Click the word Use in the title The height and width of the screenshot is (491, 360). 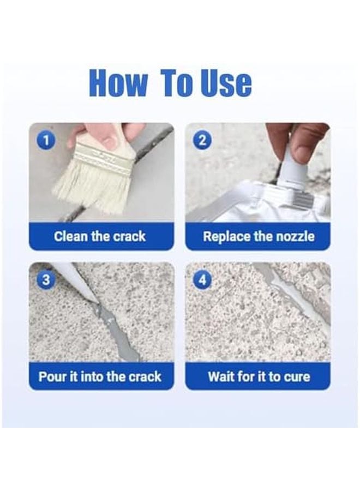pos(225,83)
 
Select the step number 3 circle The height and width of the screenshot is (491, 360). pos(46,280)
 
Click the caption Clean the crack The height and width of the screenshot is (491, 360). pos(100,237)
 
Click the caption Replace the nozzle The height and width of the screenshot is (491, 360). pos(258,237)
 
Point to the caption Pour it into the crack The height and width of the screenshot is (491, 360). pos(100,376)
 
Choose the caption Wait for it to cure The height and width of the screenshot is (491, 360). pos(258,376)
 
